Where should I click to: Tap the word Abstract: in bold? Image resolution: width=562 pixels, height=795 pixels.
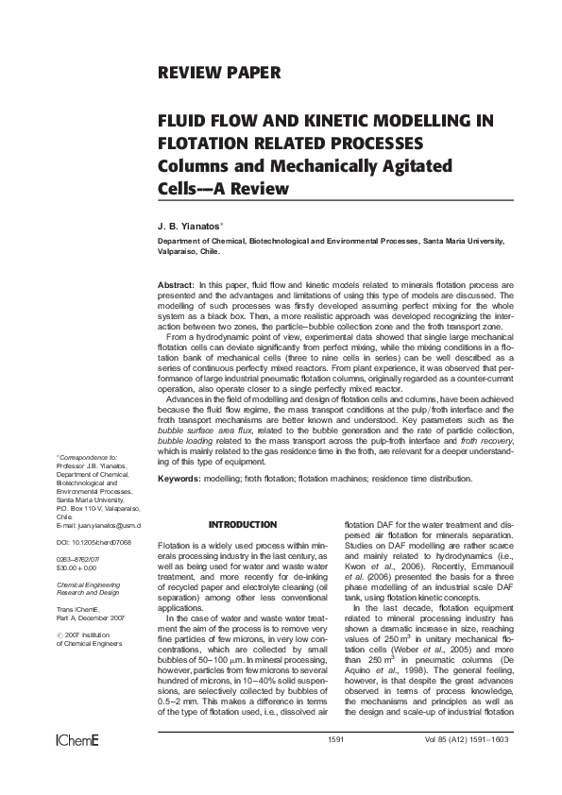pos(175,284)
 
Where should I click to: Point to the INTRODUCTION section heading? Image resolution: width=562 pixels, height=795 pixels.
pos(243,525)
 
